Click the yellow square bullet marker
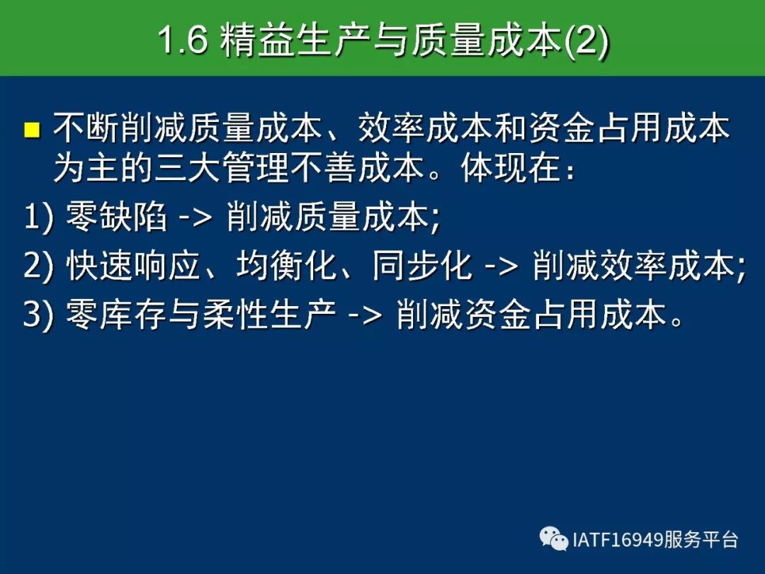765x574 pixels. pos(32,130)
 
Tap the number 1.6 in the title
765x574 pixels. pos(183,40)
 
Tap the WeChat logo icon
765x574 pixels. pos(554,539)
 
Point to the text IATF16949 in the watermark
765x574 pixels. pos(617,540)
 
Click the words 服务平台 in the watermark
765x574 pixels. pos(700,539)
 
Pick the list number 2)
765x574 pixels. pos(38,266)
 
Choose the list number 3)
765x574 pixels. pos(38,314)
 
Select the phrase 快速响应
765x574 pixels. pos(133,265)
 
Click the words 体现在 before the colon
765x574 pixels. pos(510,167)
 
